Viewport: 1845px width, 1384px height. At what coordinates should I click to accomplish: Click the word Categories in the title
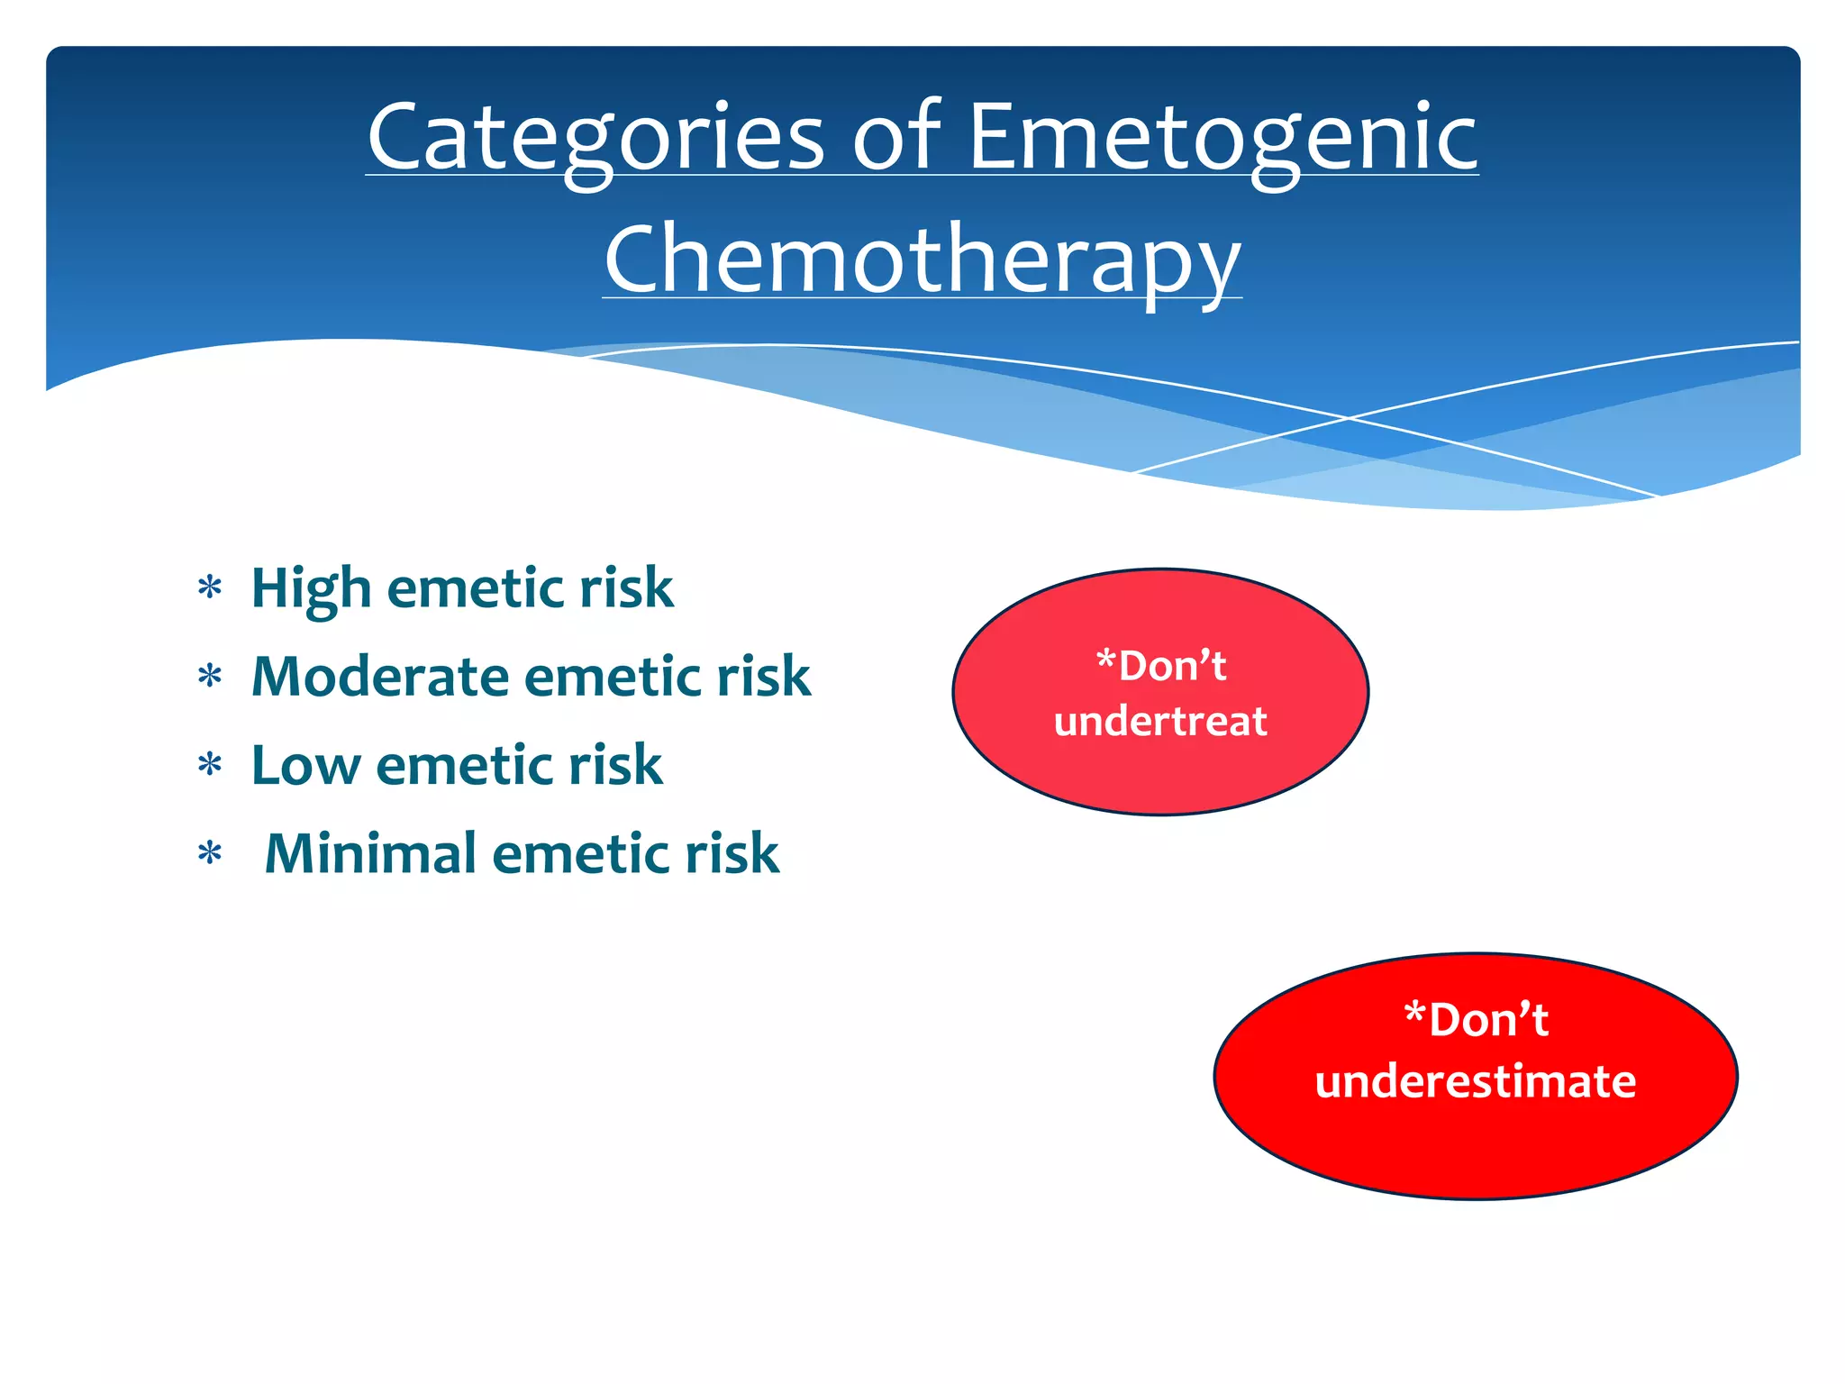click(595, 137)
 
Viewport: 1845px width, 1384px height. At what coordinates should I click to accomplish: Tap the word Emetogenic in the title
click(1222, 137)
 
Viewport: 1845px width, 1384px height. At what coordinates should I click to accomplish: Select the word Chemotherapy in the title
click(922, 259)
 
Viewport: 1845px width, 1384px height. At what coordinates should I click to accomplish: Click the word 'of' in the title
click(896, 137)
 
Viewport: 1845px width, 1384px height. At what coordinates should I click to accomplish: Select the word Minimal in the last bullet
click(370, 853)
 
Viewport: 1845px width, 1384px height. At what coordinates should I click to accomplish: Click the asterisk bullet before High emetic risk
click(210, 589)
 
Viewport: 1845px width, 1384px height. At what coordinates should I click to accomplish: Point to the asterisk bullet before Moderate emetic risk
click(210, 677)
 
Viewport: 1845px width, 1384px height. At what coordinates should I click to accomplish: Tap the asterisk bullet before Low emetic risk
click(210, 766)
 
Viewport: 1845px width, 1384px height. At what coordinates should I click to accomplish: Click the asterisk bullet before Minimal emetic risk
click(210, 853)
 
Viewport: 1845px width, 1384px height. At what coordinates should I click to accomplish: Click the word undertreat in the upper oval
click(1160, 721)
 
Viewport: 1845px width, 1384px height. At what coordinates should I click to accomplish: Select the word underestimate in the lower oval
click(1475, 1081)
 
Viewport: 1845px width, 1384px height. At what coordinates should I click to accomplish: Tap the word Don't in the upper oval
click(1170, 667)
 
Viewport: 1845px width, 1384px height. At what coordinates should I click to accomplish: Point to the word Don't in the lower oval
click(1486, 1020)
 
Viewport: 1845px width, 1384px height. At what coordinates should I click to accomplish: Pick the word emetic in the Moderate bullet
click(613, 677)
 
